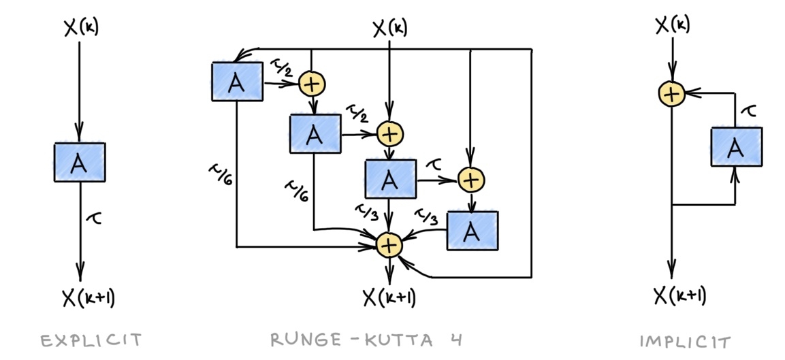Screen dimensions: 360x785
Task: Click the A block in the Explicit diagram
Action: click(80, 162)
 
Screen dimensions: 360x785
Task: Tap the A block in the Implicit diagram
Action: click(735, 147)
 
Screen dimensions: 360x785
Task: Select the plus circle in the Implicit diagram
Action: click(672, 95)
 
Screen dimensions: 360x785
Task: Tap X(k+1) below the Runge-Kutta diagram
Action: click(389, 297)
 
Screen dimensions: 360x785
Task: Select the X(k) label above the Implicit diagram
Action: click(672, 25)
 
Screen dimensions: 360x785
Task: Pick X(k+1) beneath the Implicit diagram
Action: click(680, 295)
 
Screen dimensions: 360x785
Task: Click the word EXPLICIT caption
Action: click(91, 340)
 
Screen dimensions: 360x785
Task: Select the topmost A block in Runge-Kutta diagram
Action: click(236, 82)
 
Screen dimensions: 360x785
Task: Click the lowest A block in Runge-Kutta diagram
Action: click(472, 231)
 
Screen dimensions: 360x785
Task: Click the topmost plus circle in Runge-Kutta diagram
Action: click(313, 83)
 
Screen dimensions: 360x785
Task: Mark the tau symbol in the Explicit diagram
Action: click(95, 218)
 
